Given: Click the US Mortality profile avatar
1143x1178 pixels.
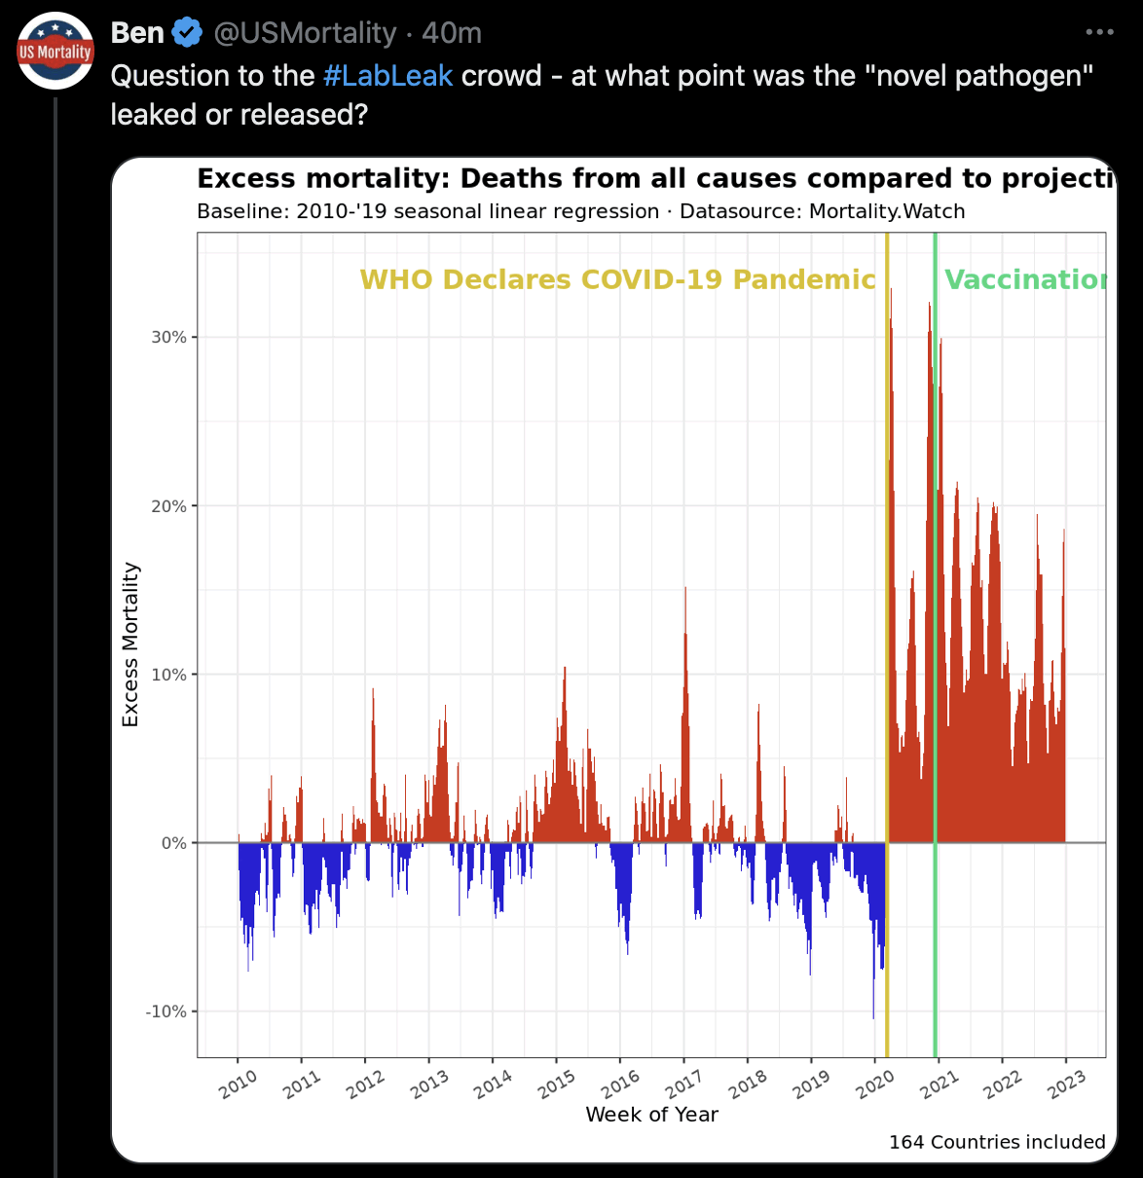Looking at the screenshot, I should point(55,51).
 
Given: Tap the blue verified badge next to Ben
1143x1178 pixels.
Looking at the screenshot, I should point(187,33).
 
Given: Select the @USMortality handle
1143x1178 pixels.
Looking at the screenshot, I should point(304,33).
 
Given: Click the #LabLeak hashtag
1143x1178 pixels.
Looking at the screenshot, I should point(387,76).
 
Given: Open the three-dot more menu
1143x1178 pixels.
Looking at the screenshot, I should point(1099,33).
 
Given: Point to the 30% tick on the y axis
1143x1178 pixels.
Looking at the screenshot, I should point(168,338).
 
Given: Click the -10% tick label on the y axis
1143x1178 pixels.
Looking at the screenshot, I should point(166,1012).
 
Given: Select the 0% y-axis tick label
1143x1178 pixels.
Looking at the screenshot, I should point(173,844).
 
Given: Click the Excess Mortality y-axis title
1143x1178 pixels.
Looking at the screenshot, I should point(130,644).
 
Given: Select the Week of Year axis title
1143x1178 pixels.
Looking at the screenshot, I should point(651,1115).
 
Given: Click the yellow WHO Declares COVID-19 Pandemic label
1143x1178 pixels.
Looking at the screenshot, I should point(617,280).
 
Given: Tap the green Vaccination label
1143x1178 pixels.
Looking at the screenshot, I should point(1025,280).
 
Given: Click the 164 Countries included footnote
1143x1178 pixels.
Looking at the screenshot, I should point(997,1142).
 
